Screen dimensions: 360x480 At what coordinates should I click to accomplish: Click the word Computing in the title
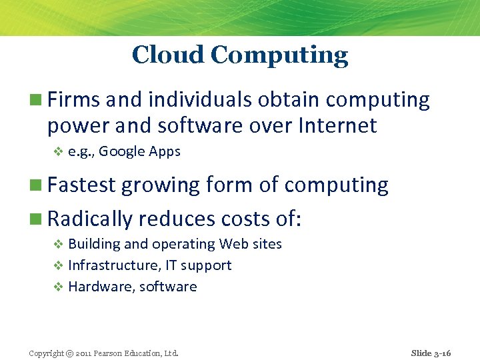tap(279, 56)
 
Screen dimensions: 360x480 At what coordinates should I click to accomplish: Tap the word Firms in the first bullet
tap(73, 100)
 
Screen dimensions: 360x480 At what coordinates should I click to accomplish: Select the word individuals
tap(200, 100)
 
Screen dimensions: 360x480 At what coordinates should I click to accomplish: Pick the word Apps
tap(165, 152)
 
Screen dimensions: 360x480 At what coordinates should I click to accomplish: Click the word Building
tap(92, 245)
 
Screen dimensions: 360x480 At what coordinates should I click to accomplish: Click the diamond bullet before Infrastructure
tap(58, 265)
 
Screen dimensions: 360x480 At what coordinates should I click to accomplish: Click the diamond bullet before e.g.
tap(58, 152)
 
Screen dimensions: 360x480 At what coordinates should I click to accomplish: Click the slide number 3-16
tap(441, 353)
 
